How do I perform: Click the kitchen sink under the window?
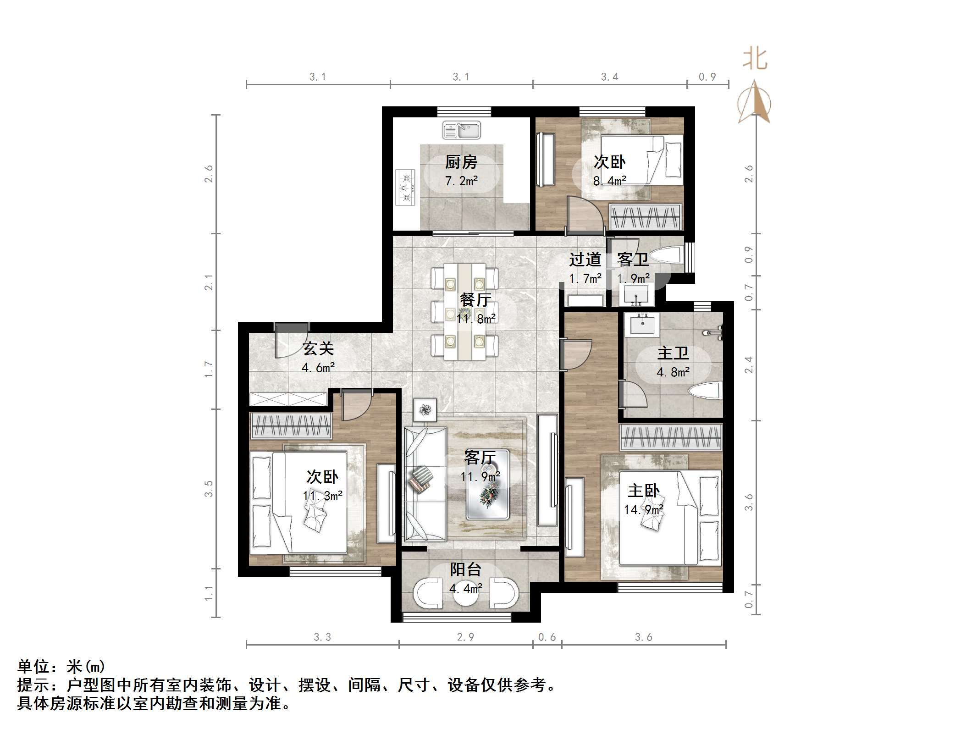point(461,130)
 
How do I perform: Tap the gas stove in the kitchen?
point(406,188)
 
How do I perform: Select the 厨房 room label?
point(461,162)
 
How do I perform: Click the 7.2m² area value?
point(461,181)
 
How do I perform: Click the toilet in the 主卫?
point(706,392)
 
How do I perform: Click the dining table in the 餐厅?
point(465,312)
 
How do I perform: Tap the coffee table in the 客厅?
point(487,485)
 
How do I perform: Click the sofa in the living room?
point(425,484)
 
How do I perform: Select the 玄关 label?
point(318,349)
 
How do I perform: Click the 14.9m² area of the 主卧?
point(644,509)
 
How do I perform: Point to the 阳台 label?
point(465,569)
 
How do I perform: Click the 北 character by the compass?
point(755,59)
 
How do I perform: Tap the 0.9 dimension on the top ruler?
point(707,77)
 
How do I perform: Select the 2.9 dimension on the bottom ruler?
point(465,637)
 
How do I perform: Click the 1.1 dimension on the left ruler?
point(209,593)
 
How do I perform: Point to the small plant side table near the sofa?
point(425,410)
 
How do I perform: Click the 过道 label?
point(585,260)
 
